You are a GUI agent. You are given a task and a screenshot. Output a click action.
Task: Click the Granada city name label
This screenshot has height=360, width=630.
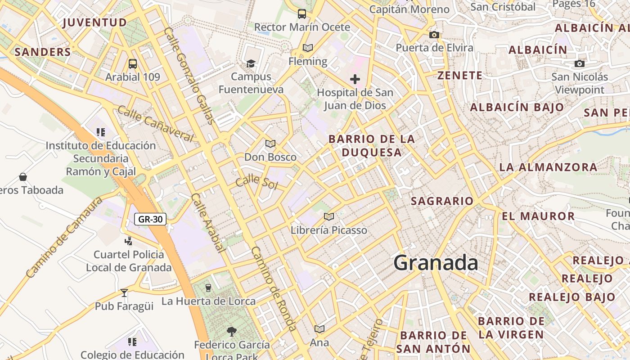pos(435,263)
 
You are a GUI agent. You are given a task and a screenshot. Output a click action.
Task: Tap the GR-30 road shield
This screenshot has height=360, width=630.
pos(150,220)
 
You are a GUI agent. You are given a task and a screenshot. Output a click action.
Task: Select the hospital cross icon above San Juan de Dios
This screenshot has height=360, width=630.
pos(355,80)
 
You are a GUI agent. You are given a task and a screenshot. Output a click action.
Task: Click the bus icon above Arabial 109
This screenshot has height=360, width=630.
pos(132,64)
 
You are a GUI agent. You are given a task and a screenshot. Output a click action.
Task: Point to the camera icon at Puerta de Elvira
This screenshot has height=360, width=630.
pos(434,35)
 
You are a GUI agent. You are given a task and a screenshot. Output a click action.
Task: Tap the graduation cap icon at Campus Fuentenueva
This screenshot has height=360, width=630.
pos(251,63)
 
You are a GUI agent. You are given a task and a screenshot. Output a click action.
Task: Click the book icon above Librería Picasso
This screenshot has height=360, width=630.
pos(329,217)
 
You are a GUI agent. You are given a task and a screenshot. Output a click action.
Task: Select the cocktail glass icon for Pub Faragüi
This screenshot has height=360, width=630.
pos(124,293)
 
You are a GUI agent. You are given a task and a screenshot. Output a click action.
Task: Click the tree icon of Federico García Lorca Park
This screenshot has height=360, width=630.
pos(232,332)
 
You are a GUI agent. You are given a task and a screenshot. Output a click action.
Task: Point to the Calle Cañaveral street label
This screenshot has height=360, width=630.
pos(156,123)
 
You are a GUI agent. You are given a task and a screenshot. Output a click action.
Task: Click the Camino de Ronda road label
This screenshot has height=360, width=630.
pos(273,288)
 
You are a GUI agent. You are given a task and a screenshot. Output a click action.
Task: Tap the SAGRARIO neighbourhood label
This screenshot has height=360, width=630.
pos(441,201)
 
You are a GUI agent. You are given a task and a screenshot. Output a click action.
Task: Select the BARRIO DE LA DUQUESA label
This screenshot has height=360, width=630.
pos(372,145)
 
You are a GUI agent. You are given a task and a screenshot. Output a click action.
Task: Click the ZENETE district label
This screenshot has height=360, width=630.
pos(459,75)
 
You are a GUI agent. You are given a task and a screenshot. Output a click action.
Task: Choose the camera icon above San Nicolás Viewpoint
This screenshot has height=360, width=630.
pos(580,64)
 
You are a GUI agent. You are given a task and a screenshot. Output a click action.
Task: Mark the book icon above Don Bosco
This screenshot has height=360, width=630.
pos(270,144)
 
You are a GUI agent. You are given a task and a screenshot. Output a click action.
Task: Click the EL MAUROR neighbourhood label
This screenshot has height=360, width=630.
pos(538,216)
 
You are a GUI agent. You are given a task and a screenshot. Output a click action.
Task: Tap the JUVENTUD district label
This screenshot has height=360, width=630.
pos(95,22)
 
